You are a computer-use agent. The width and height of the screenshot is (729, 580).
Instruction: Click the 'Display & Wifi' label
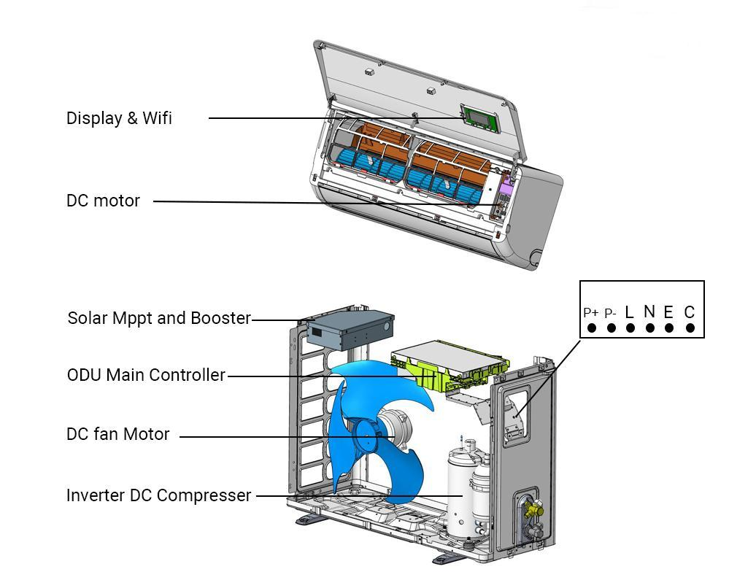click(119, 118)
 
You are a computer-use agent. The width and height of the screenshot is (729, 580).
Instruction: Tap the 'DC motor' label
click(103, 201)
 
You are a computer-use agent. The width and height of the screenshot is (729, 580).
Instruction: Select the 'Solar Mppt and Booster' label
click(159, 318)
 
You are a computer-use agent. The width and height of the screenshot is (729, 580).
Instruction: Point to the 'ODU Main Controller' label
click(146, 375)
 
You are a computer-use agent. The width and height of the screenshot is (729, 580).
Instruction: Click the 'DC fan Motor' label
click(117, 434)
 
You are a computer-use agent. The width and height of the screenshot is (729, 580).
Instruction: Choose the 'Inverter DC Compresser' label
click(158, 495)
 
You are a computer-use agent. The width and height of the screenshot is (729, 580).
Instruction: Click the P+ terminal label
click(591, 312)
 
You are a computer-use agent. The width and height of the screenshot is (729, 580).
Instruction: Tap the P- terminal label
click(611, 312)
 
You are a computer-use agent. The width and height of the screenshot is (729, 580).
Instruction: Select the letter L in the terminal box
click(630, 312)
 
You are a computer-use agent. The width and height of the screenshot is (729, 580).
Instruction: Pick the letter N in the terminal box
click(649, 312)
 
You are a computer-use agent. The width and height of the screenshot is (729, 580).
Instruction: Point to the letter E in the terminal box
click(668, 312)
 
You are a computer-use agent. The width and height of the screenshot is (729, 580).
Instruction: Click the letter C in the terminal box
click(690, 312)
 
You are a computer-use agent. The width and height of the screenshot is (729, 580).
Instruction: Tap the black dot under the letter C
click(690, 328)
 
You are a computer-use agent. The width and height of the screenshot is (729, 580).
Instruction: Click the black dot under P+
click(592, 328)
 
